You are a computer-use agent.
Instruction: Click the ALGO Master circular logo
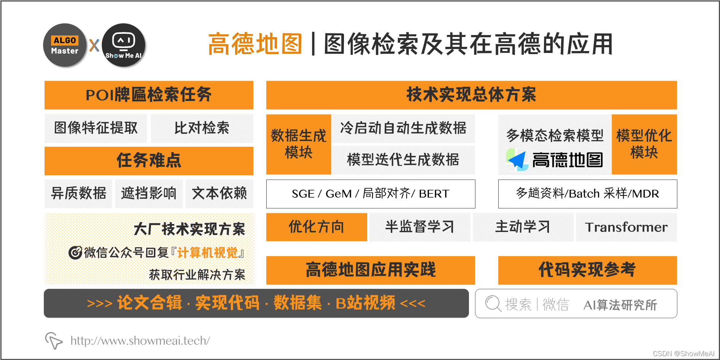(x=65, y=45)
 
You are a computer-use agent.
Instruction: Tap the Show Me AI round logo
(x=123, y=45)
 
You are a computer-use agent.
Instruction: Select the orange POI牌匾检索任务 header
(x=149, y=95)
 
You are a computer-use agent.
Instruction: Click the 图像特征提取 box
(x=96, y=128)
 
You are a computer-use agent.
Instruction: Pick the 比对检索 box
(x=202, y=128)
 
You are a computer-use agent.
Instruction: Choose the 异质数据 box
(x=78, y=194)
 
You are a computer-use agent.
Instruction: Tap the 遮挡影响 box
(x=149, y=194)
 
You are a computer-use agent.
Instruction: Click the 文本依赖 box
(x=219, y=194)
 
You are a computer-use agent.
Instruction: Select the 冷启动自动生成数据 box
(x=403, y=128)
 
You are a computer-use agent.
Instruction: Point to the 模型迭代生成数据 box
(x=403, y=160)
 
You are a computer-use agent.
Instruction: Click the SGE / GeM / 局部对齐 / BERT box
(x=371, y=194)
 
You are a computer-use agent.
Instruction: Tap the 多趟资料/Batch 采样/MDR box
(x=587, y=194)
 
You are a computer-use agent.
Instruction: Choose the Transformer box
(x=626, y=227)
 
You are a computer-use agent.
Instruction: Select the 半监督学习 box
(x=420, y=227)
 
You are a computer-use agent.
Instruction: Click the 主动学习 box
(x=523, y=227)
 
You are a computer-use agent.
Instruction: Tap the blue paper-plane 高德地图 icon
(x=517, y=160)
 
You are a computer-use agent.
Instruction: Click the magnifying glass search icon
(x=493, y=304)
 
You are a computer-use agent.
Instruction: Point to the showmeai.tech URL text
(x=140, y=341)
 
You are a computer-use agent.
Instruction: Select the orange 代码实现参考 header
(x=587, y=270)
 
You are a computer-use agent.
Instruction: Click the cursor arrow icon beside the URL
(x=53, y=340)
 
